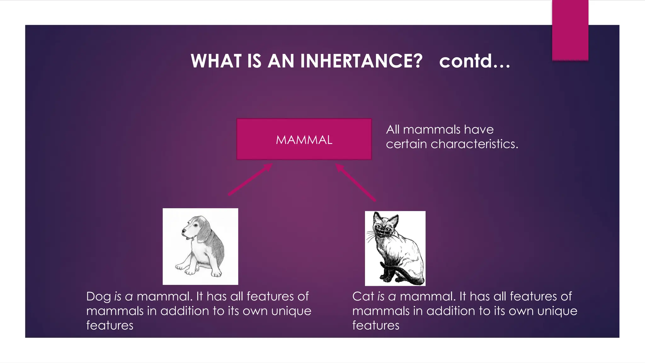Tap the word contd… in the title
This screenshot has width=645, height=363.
point(474,61)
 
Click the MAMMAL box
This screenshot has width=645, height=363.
point(304,140)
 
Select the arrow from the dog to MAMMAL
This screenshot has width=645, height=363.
point(250,180)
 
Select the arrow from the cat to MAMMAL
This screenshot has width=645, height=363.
point(355,182)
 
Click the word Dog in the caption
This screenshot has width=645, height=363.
point(98,297)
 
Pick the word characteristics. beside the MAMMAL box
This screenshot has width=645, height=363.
point(474,144)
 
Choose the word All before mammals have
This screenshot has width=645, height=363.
point(393,130)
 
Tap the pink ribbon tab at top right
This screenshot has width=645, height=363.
point(570,30)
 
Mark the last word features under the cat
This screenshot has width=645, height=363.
point(376,326)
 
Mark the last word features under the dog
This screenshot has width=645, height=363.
point(110,326)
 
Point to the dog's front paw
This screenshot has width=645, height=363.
point(190,271)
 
